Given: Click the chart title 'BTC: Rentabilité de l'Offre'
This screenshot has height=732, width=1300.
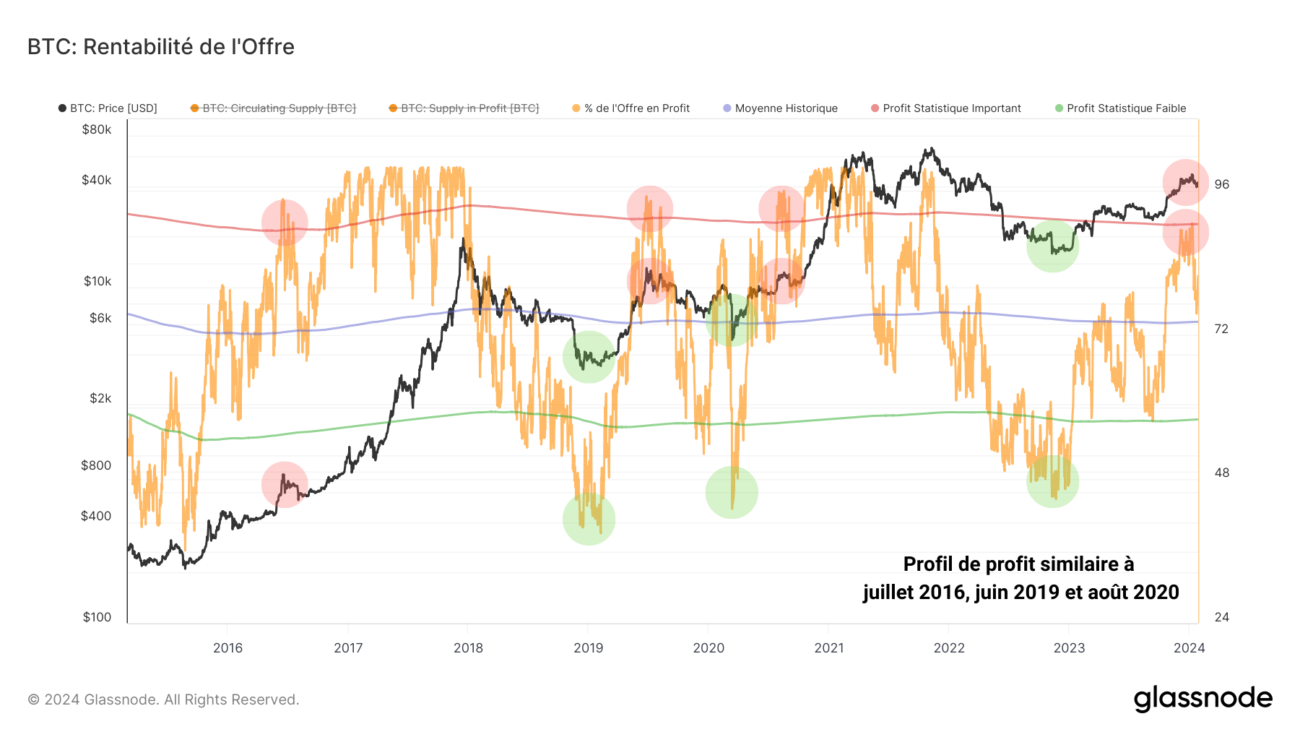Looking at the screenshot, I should (161, 47).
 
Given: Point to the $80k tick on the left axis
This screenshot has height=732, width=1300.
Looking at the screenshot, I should (97, 130).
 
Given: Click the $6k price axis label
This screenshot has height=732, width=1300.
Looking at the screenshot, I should (100, 318).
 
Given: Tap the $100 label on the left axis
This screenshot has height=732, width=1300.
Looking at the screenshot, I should (97, 617).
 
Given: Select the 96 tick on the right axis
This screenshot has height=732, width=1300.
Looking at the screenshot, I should (1221, 184).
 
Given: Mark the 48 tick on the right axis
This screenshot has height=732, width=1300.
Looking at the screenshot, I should (1221, 473).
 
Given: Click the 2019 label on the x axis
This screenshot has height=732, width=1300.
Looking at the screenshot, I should (588, 647).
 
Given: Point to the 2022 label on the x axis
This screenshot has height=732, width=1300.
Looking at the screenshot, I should (949, 647).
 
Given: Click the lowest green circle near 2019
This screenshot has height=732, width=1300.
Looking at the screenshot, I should (589, 519).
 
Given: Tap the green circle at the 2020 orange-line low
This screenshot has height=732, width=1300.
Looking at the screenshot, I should (732, 493).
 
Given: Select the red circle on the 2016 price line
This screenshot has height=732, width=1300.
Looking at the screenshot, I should (285, 484).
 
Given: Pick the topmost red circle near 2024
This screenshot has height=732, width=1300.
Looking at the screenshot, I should (1185, 182).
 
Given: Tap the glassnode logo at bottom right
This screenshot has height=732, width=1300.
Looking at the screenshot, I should (1202, 699).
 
